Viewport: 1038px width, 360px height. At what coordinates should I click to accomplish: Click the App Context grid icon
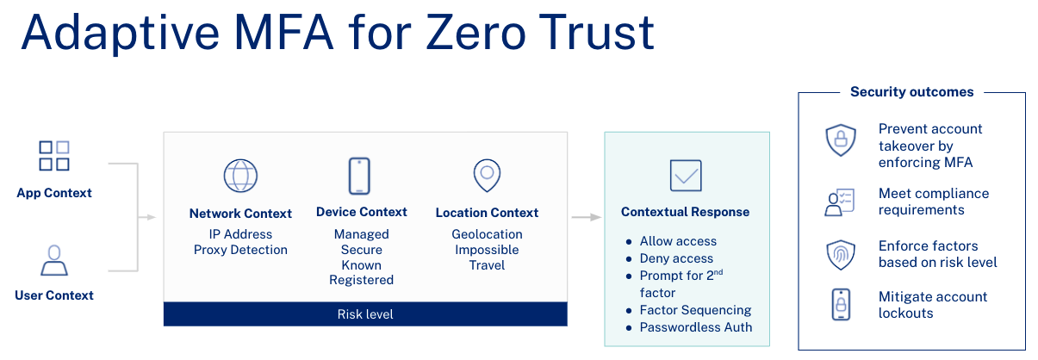(x=54, y=156)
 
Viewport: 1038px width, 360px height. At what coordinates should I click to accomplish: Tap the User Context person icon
(x=54, y=260)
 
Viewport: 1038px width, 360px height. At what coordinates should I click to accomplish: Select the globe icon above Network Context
(x=240, y=176)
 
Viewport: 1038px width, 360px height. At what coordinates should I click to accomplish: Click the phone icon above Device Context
(x=359, y=176)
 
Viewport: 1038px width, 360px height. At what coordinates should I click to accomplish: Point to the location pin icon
(x=487, y=176)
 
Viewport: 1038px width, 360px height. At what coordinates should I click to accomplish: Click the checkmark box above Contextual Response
(x=686, y=176)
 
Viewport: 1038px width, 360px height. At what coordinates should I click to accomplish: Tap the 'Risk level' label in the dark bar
(x=365, y=314)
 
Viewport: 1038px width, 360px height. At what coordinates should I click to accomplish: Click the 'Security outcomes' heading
(x=912, y=92)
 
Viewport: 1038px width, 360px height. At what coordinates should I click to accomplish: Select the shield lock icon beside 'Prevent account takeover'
(x=841, y=140)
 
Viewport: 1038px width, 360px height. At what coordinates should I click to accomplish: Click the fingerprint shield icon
(x=841, y=255)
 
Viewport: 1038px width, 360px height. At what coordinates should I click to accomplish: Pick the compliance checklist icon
(x=840, y=202)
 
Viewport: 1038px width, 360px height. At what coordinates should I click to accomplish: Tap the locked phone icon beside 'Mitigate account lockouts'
(x=841, y=304)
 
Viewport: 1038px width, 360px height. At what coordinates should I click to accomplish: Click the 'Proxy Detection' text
(x=240, y=250)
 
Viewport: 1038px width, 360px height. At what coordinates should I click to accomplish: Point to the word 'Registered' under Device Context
(x=362, y=280)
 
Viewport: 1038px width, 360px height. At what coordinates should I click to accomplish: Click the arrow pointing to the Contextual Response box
(x=587, y=217)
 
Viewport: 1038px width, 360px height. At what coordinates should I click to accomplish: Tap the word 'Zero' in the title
(x=475, y=33)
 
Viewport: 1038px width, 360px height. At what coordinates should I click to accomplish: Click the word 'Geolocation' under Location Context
(x=487, y=234)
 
